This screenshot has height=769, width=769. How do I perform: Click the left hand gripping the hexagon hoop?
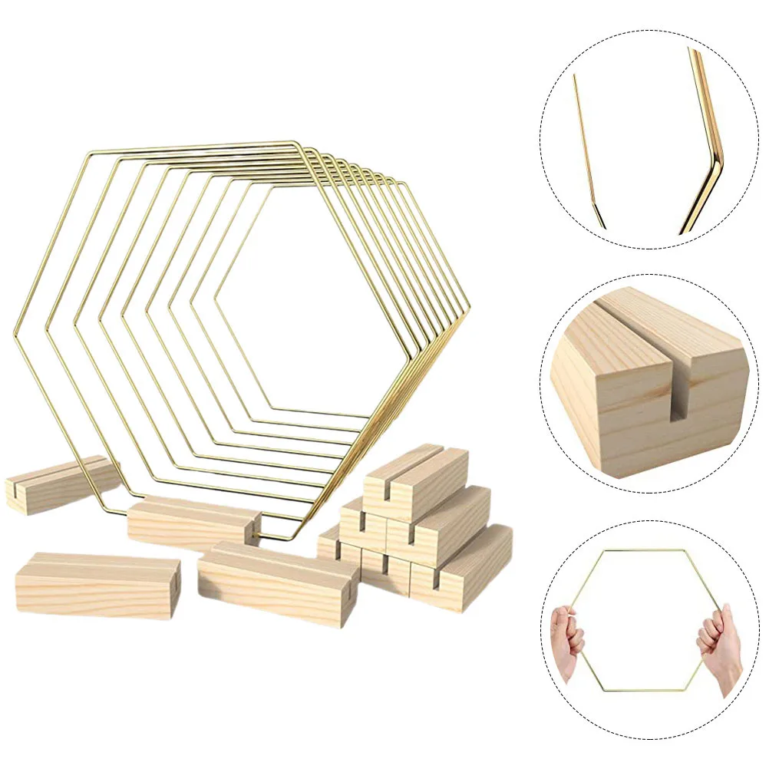pyautogui.click(x=566, y=637)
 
